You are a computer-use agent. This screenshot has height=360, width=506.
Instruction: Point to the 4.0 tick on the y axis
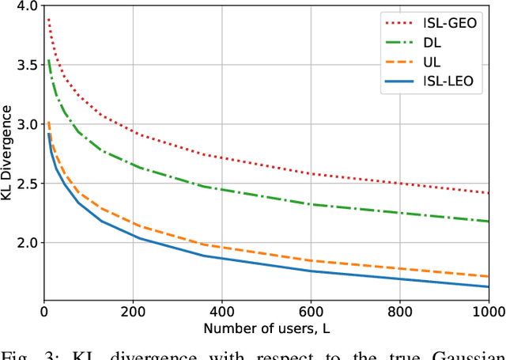27,6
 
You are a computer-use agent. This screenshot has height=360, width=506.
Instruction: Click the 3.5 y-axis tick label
27,66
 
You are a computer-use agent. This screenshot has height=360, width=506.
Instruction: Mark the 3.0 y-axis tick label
27,125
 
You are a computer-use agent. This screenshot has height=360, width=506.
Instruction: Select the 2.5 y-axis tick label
27,184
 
